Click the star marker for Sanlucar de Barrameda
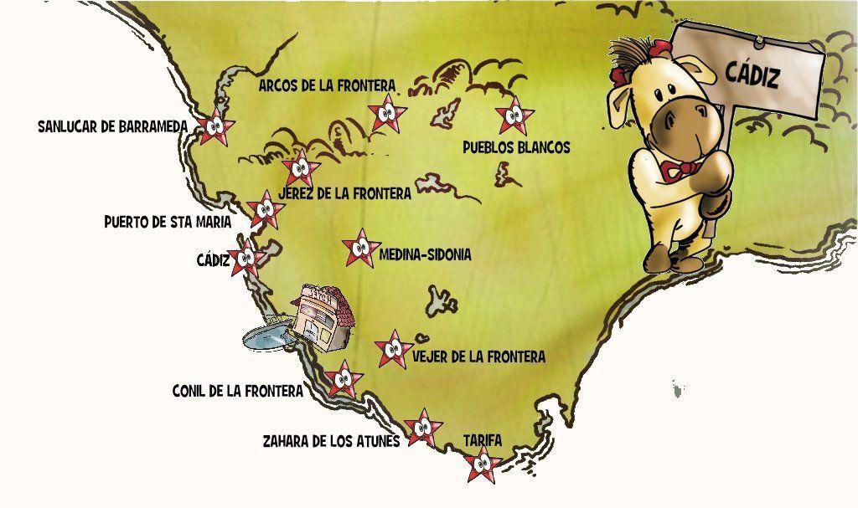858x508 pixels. tap(215, 126)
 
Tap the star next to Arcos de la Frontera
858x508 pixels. tap(387, 113)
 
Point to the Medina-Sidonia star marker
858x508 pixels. tap(361, 247)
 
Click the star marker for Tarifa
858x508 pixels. tap(482, 464)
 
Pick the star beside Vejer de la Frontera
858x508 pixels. tap(392, 349)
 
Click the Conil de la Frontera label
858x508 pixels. tap(237, 391)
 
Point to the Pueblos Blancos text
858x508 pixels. tap(516, 147)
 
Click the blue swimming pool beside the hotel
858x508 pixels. tap(267, 336)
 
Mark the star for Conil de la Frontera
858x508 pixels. tap(344, 381)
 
